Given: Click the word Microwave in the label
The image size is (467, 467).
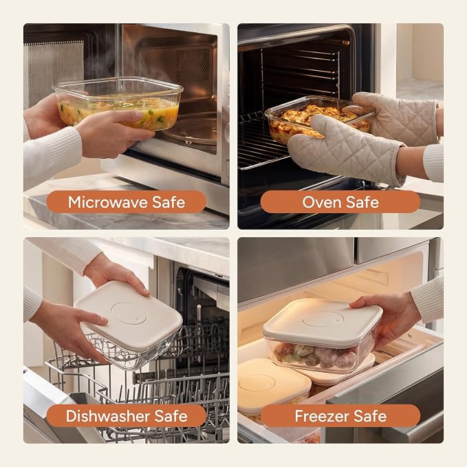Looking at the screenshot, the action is tap(108, 202).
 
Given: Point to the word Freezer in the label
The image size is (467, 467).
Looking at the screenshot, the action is tap(323, 416).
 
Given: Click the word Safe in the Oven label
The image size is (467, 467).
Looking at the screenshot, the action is tap(362, 202).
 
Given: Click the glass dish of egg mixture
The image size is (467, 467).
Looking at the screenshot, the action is tap(118, 102).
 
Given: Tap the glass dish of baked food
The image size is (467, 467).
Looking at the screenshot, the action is tap(318, 118).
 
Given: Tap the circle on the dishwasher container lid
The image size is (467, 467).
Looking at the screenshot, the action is tap(129, 313).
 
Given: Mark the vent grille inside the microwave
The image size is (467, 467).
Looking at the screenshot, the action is tap(193, 65).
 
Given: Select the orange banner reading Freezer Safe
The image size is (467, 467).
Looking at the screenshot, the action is tap(340, 416).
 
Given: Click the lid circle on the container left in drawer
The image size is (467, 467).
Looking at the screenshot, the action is tap(257, 382).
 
